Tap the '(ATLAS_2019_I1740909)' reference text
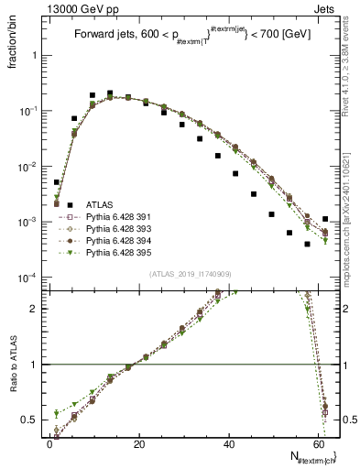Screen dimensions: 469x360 [189, 274]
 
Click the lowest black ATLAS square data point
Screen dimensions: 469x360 [307, 245]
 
